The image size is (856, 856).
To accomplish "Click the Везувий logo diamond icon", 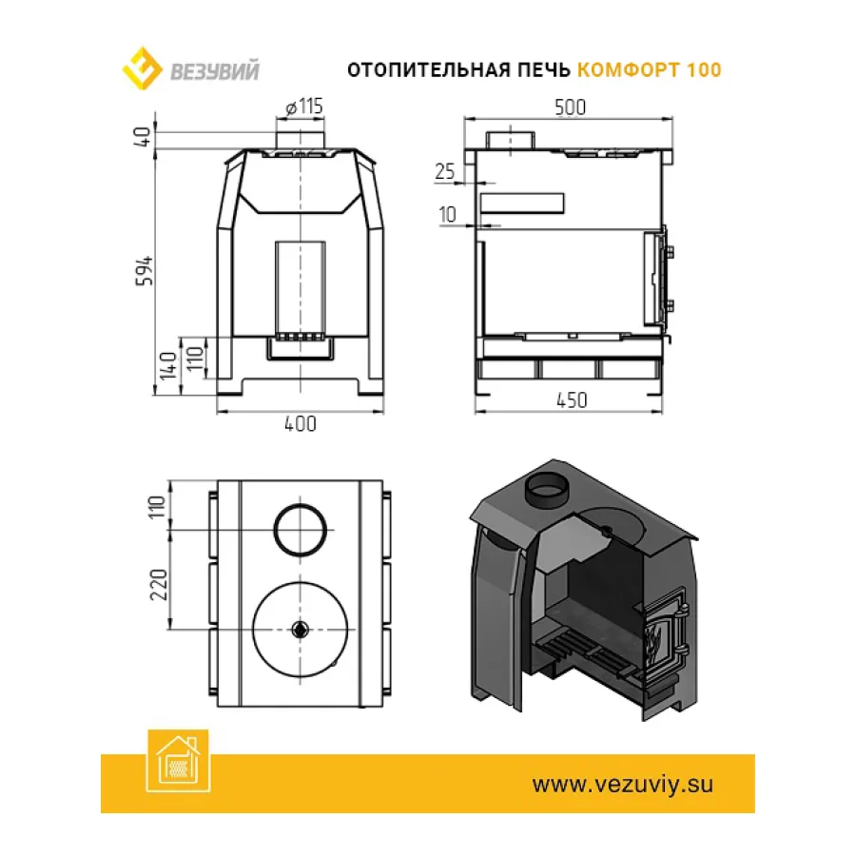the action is click(x=142, y=68).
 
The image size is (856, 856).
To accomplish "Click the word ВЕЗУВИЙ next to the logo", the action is click(x=215, y=71).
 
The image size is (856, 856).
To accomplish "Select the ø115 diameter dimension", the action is click(x=304, y=106).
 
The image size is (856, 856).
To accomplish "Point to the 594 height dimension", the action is click(x=146, y=271).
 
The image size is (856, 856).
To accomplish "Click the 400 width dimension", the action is click(x=301, y=423).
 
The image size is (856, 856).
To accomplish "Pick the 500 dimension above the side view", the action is click(x=570, y=107).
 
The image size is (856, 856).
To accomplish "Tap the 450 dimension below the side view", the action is click(x=572, y=400).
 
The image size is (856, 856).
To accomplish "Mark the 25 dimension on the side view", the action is click(x=445, y=171).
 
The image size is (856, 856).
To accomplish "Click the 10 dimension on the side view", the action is click(x=447, y=214).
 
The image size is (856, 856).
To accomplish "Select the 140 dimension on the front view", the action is click(x=168, y=365).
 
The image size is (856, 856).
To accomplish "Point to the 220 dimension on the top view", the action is click(x=159, y=584).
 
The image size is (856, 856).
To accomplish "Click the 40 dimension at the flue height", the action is click(x=142, y=136).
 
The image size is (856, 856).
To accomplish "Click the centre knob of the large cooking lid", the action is click(x=300, y=630).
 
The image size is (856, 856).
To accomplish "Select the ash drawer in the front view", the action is click(x=301, y=348).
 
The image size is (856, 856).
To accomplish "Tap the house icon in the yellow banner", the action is click(x=178, y=760).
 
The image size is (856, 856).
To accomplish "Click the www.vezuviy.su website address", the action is click(x=622, y=785).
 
